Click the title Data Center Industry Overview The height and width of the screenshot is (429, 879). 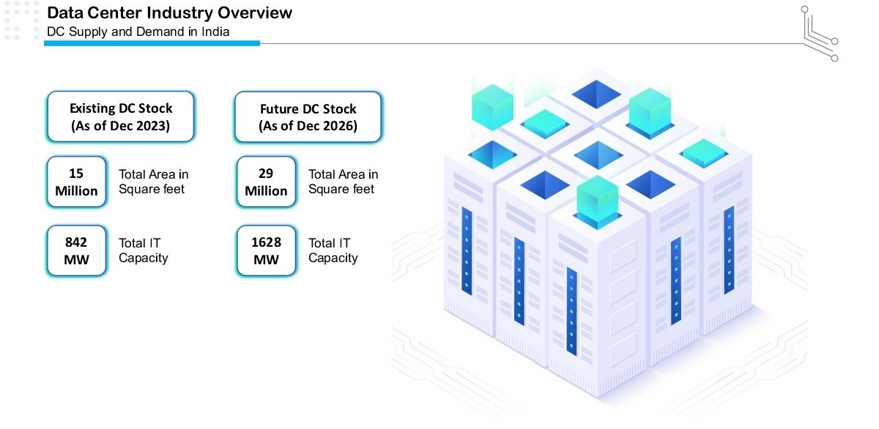169,12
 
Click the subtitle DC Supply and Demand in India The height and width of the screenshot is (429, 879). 138,31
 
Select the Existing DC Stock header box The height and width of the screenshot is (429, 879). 121,116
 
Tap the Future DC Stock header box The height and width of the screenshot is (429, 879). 308,116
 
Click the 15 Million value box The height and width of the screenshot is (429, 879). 76,182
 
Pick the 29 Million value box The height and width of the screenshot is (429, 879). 266,182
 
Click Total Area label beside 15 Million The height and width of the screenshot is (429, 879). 154,182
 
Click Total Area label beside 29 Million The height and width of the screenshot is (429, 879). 343,182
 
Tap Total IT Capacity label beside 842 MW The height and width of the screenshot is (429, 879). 144,250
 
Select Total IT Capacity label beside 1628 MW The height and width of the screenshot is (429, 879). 333,250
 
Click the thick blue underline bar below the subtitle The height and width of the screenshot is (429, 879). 152,43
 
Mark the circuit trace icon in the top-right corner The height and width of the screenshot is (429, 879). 819,33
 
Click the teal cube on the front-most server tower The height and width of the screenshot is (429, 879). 597,197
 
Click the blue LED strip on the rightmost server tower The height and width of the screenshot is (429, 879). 728,249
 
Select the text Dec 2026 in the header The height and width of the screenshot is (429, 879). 330,126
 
